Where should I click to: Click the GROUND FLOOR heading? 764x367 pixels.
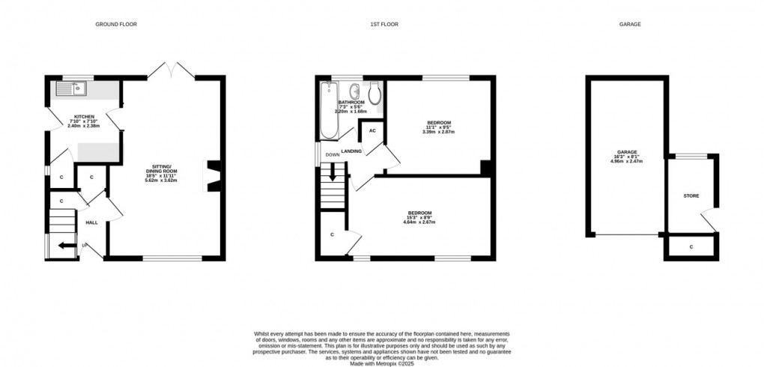pos(115,25)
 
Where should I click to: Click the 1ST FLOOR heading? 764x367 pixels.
pos(383,25)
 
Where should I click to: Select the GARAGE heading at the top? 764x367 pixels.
pos(629,25)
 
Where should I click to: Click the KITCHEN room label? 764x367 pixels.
pos(84,117)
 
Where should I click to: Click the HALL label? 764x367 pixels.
pos(91,222)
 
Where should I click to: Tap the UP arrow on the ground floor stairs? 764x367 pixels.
pos(66,245)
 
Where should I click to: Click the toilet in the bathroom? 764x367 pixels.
pos(375,93)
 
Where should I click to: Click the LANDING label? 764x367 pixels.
pos(351,152)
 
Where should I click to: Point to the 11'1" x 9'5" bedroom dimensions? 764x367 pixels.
pos(439,127)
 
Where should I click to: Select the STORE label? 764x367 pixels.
pos(691,196)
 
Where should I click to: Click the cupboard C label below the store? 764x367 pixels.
pos(691,246)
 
